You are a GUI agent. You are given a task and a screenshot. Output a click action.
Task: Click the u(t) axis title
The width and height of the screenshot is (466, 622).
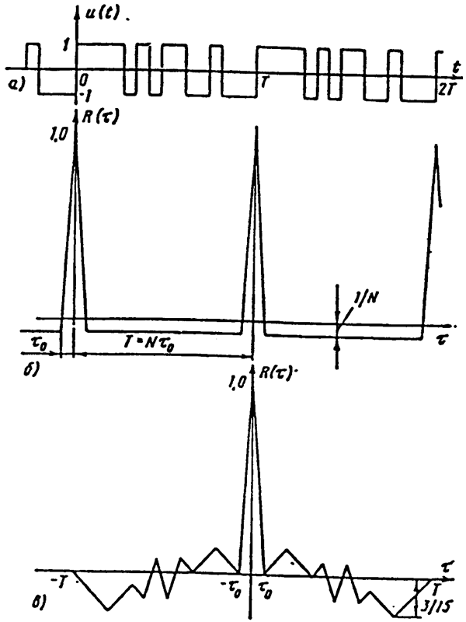tap(103, 15)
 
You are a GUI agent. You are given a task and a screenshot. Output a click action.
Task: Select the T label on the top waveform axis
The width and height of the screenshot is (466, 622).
tap(265, 83)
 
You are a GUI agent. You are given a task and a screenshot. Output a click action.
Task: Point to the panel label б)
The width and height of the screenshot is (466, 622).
tap(30, 370)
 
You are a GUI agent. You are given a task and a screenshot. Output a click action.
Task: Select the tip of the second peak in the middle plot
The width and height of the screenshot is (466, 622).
tap(256, 127)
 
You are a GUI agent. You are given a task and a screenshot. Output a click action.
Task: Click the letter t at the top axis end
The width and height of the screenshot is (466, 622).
tap(456, 68)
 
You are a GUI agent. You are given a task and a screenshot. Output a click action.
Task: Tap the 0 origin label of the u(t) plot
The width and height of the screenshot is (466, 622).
tap(83, 81)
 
